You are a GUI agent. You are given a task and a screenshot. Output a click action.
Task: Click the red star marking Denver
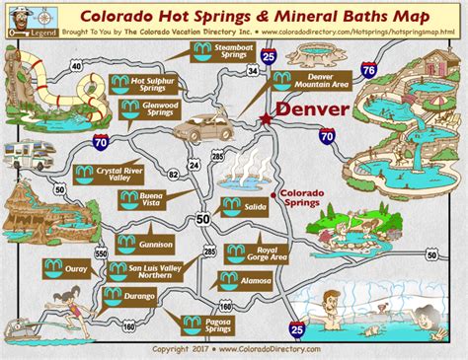[x=266, y=117]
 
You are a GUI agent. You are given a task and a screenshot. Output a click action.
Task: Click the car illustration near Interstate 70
[x=202, y=125]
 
